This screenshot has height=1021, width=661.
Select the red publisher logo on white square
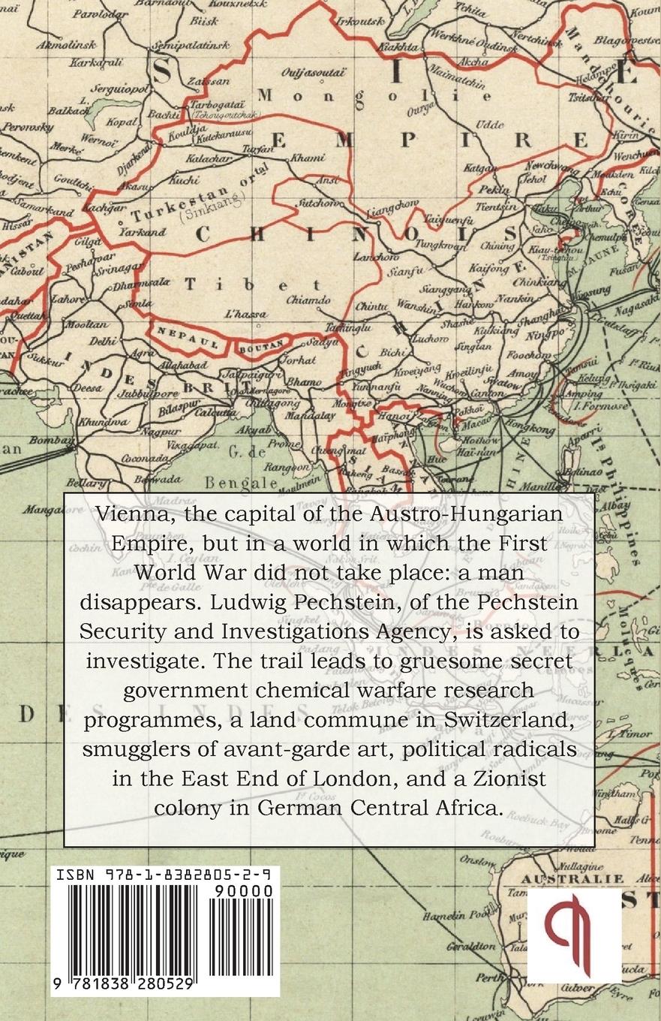pyautogui.click(x=574, y=935)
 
